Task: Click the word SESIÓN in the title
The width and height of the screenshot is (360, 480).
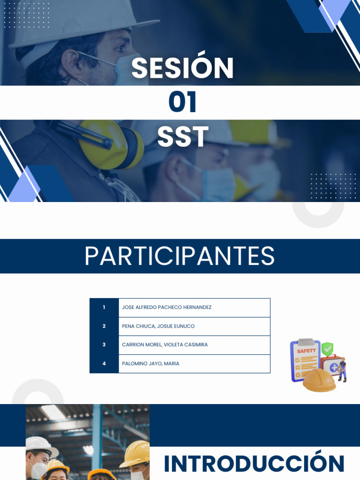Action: pos(182,68)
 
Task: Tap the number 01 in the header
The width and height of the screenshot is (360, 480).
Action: pos(182,103)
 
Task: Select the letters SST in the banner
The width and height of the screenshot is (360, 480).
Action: pos(182,137)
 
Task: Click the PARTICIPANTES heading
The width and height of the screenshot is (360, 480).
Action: pos(180,256)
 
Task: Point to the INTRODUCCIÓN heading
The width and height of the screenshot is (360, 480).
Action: pos(254,464)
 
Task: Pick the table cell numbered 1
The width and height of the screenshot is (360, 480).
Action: pos(104,307)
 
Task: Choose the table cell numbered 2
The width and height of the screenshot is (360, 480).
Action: pos(104,326)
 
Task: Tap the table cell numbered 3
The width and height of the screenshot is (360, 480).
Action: pos(104,345)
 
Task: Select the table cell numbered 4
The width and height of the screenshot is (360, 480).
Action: pos(104,364)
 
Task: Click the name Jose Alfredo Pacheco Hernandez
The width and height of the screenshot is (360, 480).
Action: pos(166,307)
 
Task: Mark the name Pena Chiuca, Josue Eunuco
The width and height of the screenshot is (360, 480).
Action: pos(158,326)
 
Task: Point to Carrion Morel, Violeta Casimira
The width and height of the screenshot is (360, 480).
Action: pos(165,345)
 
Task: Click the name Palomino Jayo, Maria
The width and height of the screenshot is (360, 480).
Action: pos(150,364)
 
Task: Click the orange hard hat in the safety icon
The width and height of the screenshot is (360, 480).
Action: pos(319,380)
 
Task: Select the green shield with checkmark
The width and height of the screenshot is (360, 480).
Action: pos(327,348)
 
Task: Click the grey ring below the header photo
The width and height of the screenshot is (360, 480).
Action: pos(318,213)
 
